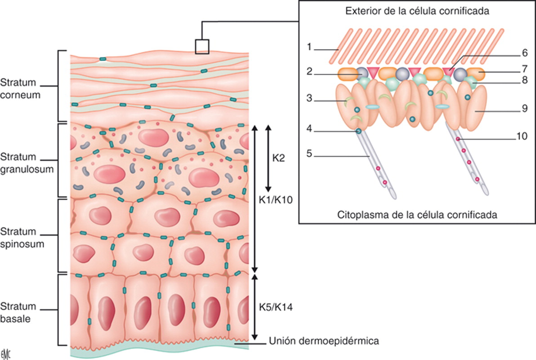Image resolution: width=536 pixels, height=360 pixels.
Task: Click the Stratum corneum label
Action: click(20, 89)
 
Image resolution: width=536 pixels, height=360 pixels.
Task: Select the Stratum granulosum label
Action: click(27, 163)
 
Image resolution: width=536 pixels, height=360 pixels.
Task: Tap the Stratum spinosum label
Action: click(22, 238)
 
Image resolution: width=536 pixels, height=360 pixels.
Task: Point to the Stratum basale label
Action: click(18, 312)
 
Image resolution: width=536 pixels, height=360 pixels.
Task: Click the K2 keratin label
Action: click(279, 158)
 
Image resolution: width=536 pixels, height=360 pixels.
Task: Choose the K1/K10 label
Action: click(276, 200)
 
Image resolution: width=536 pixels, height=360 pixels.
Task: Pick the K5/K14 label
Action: click(276, 307)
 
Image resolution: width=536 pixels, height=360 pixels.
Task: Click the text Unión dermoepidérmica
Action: click(324, 341)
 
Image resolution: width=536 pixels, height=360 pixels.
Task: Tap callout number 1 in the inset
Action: click(309, 46)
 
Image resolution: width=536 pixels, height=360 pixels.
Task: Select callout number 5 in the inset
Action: click(309, 153)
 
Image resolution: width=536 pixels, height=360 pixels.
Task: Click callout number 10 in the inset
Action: click(522, 136)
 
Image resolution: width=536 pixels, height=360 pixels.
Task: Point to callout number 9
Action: click(525, 108)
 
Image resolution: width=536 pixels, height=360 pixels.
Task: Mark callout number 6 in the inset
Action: click(525, 53)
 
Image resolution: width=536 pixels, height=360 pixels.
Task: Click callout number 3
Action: click(309, 98)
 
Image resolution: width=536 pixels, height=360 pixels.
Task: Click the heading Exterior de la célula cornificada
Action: click(417, 11)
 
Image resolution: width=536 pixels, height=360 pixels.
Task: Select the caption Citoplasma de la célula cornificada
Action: click(417, 215)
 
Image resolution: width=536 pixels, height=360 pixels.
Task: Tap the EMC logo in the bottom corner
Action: click(6, 355)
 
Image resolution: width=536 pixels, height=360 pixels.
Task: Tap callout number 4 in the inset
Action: click(309, 129)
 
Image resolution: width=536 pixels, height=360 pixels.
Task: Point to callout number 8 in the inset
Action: click(525, 80)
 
